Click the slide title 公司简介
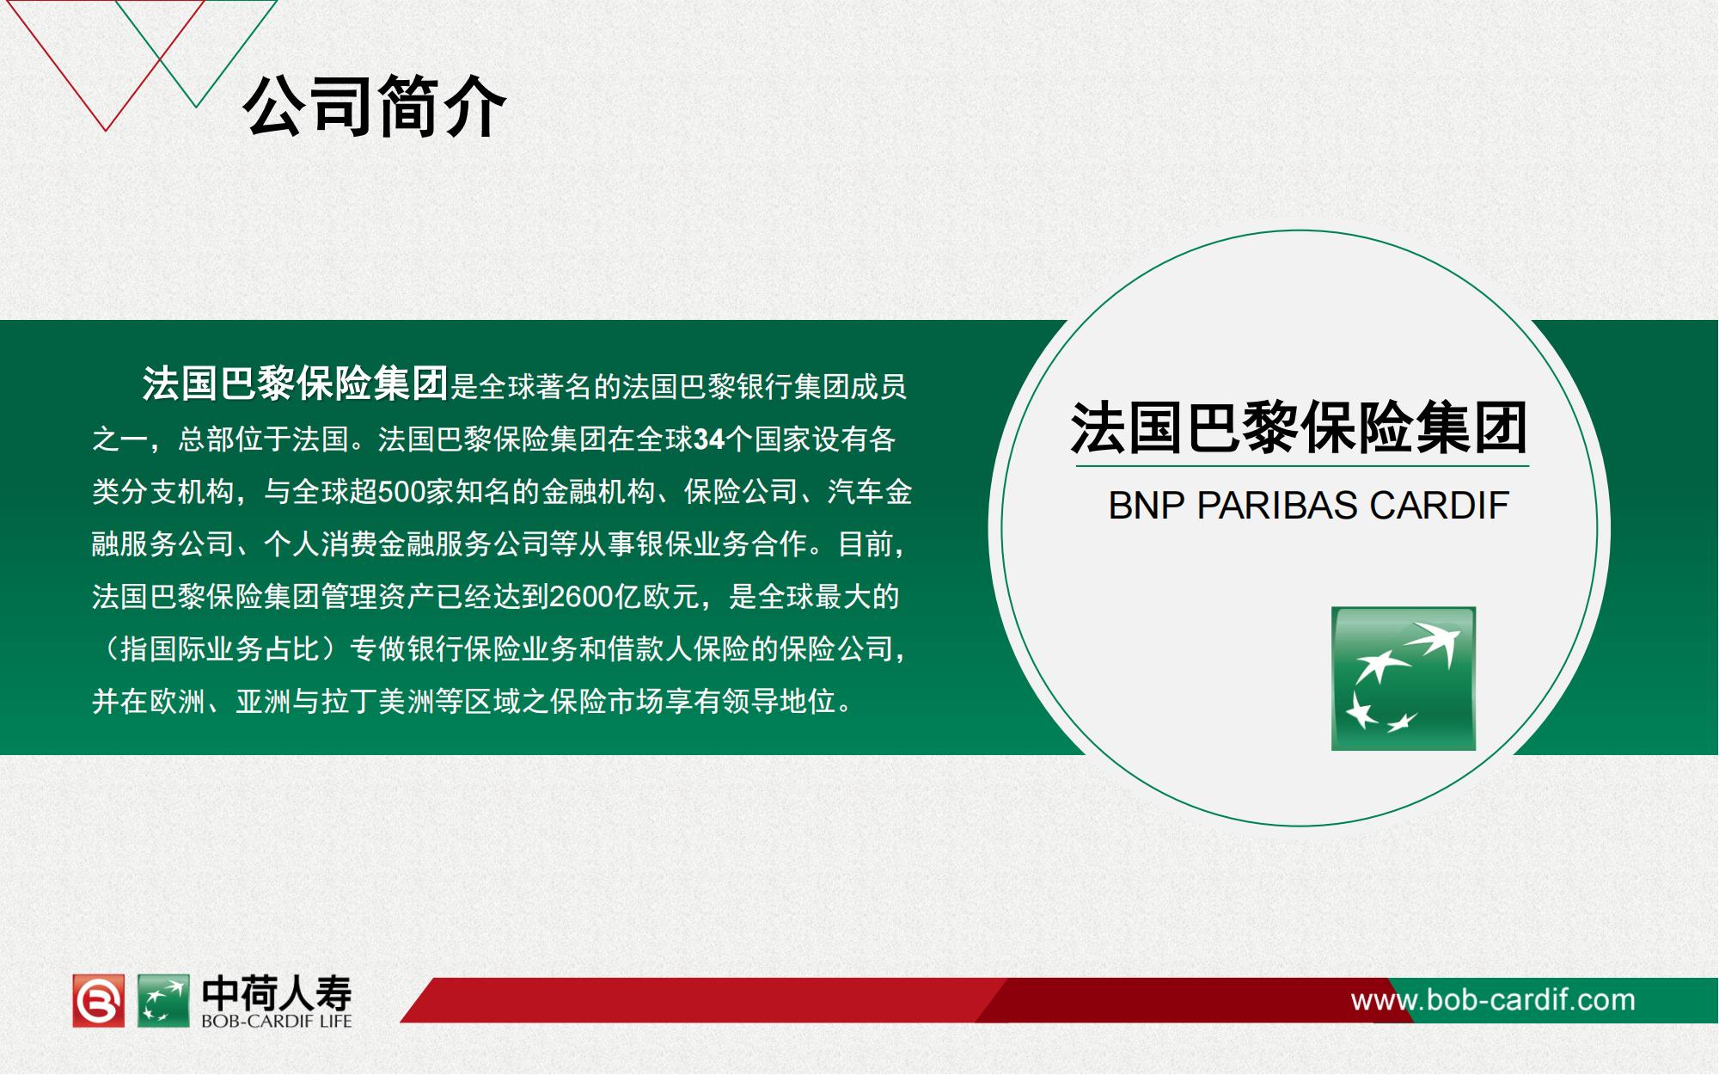click(375, 107)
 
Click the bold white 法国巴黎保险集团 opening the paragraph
click(295, 384)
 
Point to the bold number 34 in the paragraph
click(709, 439)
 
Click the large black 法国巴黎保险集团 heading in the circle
click(1299, 428)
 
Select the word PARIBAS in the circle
click(1277, 506)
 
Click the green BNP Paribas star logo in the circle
click(1404, 679)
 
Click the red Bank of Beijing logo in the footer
click(98, 1000)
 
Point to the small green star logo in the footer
click(163, 1000)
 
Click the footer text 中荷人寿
click(277, 994)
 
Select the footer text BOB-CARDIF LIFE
click(277, 1022)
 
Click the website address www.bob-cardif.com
click(1493, 1000)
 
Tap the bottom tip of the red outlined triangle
click(106, 131)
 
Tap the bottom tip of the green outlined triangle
click(196, 107)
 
